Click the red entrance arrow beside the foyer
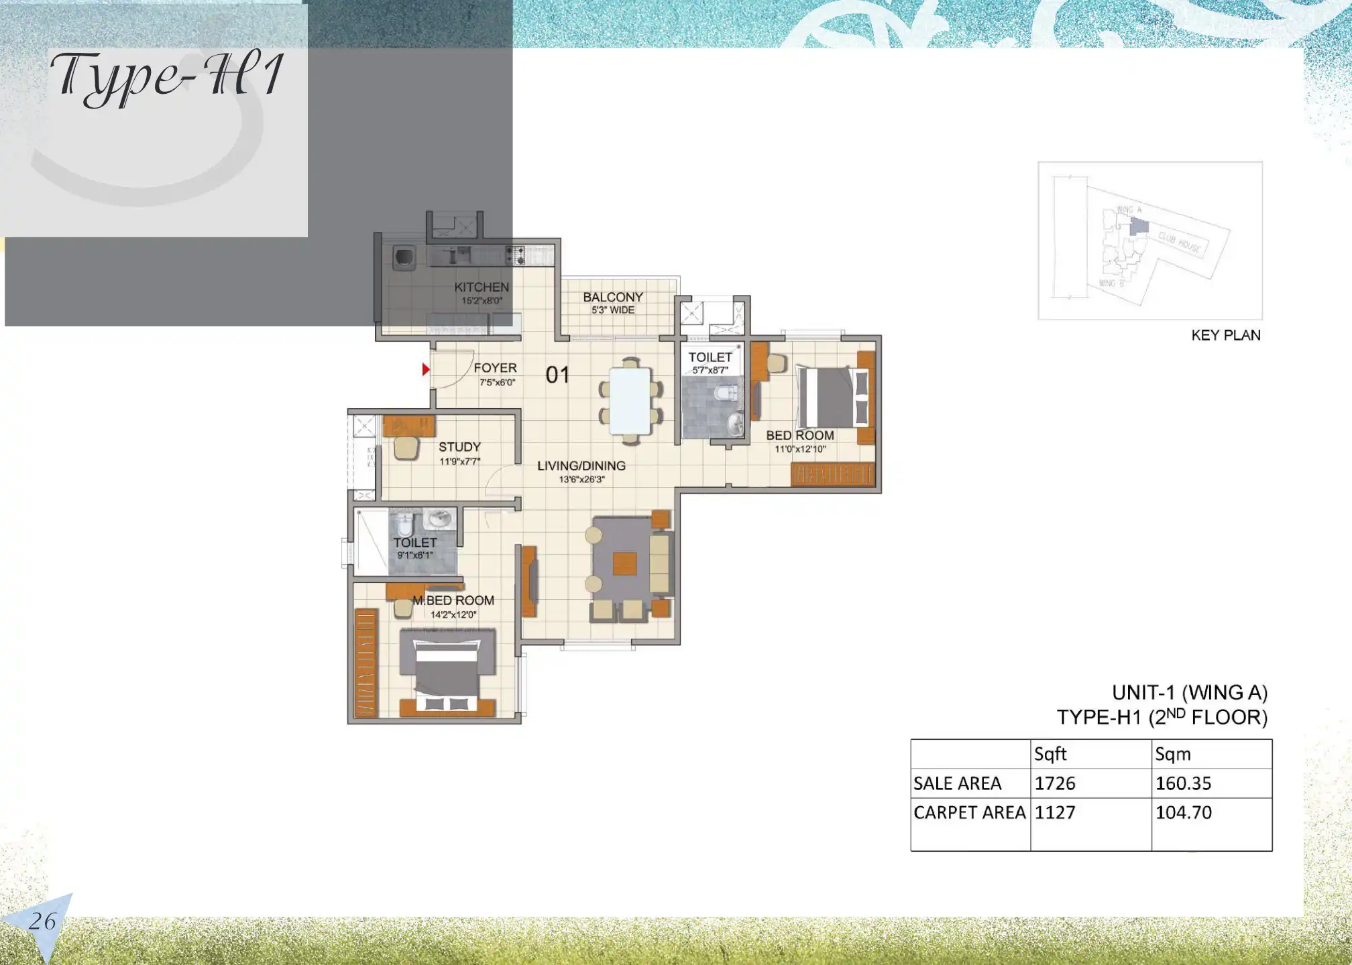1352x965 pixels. tap(425, 369)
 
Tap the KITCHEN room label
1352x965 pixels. tap(481, 287)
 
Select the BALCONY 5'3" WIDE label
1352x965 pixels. tap(612, 303)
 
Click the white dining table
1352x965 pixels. tap(630, 401)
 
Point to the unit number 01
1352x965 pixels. tap(557, 375)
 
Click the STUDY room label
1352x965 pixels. tap(459, 447)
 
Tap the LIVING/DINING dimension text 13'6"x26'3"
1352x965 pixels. tap(581, 480)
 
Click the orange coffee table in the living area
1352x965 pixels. tap(624, 564)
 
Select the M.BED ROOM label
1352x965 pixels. tap(453, 600)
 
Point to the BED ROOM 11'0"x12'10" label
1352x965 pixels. tap(800, 442)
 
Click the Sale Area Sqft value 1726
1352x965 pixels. tap(1055, 783)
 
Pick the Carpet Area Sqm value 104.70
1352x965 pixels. tap(1183, 813)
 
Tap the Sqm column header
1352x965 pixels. tap(1172, 755)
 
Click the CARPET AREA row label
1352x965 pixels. tap(969, 813)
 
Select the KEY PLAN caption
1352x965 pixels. tap(1225, 335)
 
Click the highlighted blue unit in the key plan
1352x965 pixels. tap(1139, 227)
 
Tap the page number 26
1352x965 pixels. tap(42, 921)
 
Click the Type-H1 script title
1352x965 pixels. tap(168, 77)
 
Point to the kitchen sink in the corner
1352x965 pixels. tap(404, 258)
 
